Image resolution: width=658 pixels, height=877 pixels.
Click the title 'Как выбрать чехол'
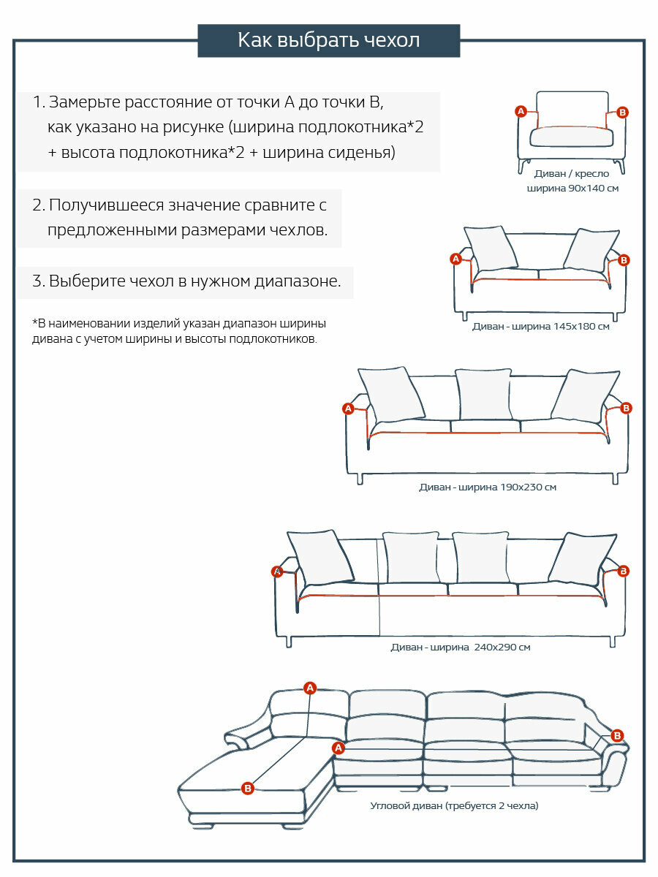328,40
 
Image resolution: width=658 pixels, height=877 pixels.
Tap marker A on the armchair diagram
521,111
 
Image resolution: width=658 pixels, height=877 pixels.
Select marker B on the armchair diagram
622,112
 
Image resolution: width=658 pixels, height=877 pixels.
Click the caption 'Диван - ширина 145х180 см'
540,327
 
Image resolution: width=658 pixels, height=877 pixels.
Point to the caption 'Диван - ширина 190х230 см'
488,487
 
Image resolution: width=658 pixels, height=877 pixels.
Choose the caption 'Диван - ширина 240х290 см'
461,648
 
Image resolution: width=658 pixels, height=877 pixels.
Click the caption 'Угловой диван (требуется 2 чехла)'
454,806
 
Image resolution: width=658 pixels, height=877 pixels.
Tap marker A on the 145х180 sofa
455,259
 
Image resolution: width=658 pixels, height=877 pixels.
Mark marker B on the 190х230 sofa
626,408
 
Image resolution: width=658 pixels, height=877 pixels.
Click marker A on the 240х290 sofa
276,572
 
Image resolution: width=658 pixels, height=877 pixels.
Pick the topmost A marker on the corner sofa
310,688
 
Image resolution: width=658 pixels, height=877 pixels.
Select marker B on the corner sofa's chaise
247,788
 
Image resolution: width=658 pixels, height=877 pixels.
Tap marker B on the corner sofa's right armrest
617,735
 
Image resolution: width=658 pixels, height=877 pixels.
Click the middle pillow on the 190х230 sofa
483,394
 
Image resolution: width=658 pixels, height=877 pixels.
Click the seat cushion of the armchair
570,137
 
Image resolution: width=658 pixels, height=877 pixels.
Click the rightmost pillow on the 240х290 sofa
583,559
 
